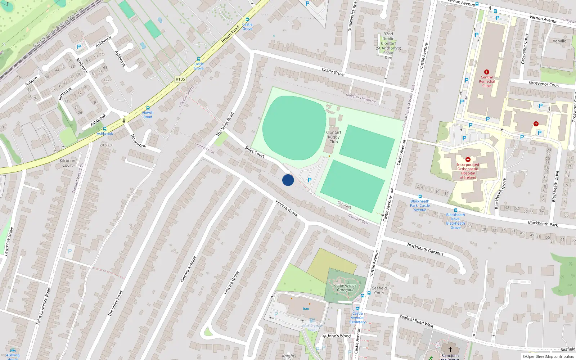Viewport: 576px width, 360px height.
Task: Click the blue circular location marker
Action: pyautogui.click(x=288, y=180)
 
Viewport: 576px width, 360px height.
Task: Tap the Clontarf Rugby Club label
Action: pyautogui.click(x=333, y=137)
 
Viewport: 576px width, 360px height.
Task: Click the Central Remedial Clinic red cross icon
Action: pyautogui.click(x=487, y=72)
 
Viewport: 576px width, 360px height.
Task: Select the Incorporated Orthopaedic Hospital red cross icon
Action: pyautogui.click(x=468, y=159)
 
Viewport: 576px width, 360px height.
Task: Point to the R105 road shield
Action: pyautogui.click(x=180, y=79)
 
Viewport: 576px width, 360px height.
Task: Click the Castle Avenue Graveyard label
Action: pyautogui.click(x=345, y=288)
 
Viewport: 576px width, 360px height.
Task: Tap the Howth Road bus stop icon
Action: pyautogui.click(x=148, y=108)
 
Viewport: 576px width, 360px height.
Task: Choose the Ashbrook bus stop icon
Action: pyautogui.click(x=105, y=129)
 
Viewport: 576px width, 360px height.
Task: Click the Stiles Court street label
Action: pyautogui.click(x=255, y=152)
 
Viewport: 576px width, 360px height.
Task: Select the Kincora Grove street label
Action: pyautogui.click(x=287, y=208)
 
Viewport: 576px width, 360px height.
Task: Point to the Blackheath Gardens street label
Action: pyautogui.click(x=425, y=249)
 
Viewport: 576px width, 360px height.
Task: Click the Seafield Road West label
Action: pyautogui.click(x=416, y=321)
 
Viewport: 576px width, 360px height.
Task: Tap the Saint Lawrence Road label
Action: pyautogui.click(x=43, y=306)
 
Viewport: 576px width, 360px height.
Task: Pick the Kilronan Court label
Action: pyautogui.click(x=67, y=163)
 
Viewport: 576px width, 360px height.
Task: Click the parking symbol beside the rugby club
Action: pyautogui.click(x=309, y=180)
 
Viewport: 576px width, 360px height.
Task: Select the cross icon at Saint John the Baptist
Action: pyautogui.click(x=450, y=349)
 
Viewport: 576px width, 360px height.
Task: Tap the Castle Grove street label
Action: pyautogui.click(x=333, y=72)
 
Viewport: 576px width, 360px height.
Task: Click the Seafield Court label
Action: pyautogui.click(x=379, y=291)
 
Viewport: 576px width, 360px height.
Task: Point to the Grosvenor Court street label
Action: pyautogui.click(x=544, y=84)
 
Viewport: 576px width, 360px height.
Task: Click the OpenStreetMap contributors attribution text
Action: pyautogui.click(x=548, y=356)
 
